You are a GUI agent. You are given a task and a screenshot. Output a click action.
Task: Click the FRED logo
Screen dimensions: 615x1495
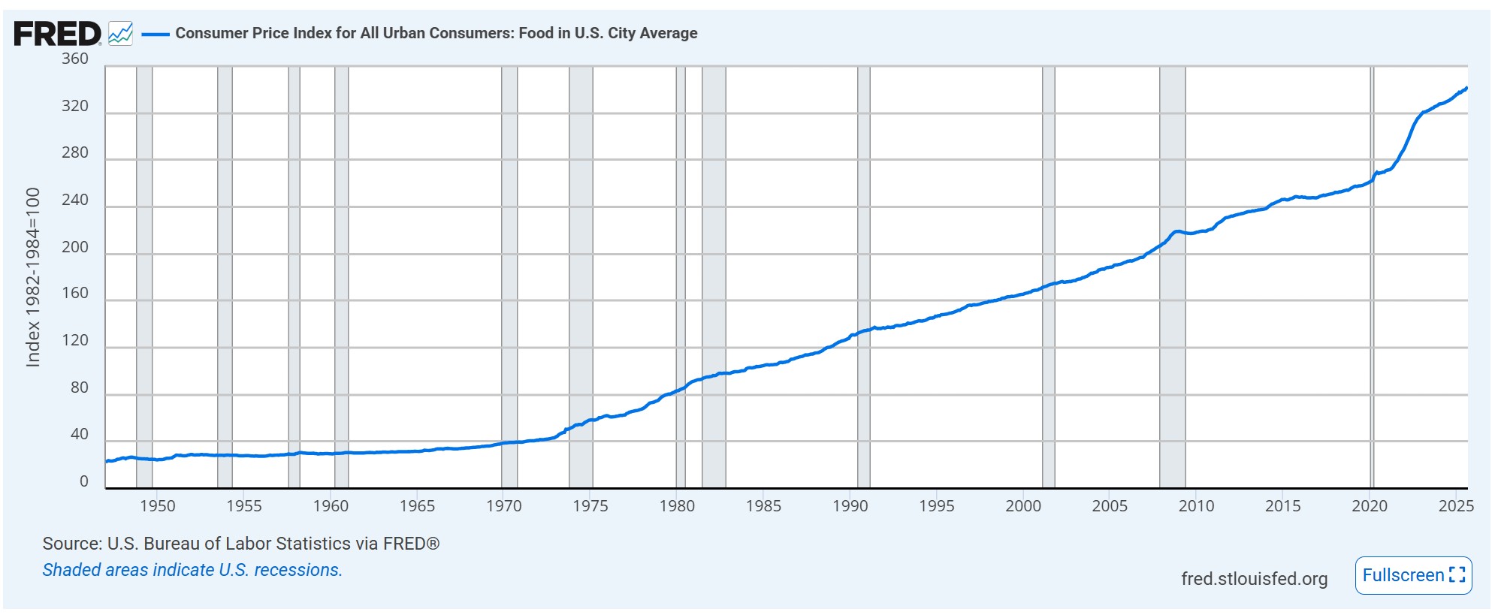(57, 34)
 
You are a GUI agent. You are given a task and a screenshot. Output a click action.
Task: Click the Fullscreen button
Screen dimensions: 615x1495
(1413, 575)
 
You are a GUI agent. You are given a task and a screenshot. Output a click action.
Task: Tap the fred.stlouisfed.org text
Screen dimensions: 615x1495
(1254, 579)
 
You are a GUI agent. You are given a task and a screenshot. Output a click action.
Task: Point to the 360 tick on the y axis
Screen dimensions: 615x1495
(75, 59)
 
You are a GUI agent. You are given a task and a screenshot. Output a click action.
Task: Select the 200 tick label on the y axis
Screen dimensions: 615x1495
(75, 247)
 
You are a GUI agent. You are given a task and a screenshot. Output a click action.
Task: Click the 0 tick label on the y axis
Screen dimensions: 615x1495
(84, 481)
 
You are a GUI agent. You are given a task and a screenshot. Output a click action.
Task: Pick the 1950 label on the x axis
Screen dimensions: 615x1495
(158, 506)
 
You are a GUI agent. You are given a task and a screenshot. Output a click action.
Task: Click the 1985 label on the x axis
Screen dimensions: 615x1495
(763, 506)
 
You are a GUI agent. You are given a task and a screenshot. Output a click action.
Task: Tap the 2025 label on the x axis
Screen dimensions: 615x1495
(1456, 506)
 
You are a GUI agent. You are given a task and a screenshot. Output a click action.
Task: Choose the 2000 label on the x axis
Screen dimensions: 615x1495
(1023, 506)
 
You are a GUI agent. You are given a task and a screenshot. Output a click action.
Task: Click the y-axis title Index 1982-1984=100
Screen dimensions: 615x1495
(33, 277)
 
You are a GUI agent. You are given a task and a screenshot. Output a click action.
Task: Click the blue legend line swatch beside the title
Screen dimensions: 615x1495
(156, 34)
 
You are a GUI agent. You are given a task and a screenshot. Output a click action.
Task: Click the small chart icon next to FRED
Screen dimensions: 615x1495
(121, 34)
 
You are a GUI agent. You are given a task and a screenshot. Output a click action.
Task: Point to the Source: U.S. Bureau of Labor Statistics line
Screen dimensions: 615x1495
(240, 544)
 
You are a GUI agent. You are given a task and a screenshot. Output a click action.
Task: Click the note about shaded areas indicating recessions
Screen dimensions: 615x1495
(192, 570)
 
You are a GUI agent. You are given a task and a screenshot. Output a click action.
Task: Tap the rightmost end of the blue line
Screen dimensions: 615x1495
(1466, 89)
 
